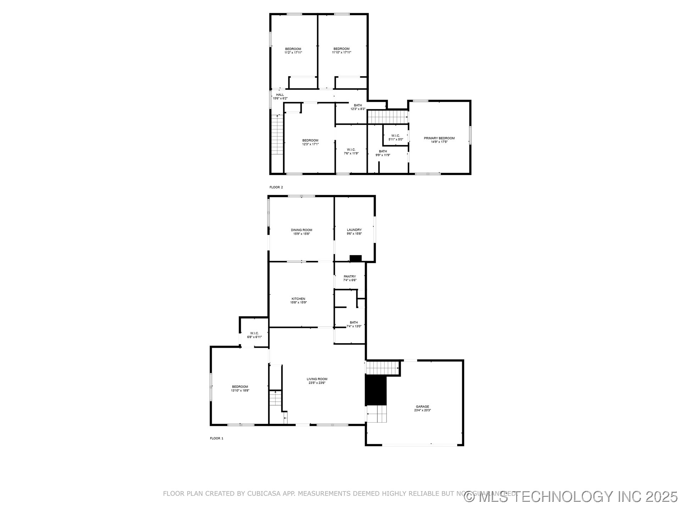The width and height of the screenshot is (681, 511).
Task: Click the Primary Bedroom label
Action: [x=439, y=138]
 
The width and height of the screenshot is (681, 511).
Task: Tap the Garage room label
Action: [x=422, y=407]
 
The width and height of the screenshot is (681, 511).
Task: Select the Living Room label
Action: [x=317, y=379]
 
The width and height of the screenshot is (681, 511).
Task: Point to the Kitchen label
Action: [x=298, y=299]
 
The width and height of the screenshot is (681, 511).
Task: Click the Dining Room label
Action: [x=301, y=230]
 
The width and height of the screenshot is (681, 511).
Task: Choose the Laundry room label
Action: [x=354, y=230]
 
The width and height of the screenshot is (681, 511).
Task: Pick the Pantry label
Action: [x=350, y=276]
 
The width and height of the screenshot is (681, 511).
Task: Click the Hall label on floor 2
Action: [x=280, y=95]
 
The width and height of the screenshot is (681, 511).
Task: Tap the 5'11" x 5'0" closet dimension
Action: [x=395, y=139]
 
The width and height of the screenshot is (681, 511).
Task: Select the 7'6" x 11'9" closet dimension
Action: [x=351, y=154]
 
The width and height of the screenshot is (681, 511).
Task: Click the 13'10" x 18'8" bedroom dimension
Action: [x=240, y=390]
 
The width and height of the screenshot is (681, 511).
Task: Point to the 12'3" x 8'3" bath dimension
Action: [x=358, y=109]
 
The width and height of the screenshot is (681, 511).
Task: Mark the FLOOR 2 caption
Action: [x=276, y=187]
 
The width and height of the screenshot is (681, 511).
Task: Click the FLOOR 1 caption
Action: [x=217, y=438]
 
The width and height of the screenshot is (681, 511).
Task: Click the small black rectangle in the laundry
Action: [x=355, y=258]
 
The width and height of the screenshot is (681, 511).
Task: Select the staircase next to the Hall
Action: [x=277, y=135]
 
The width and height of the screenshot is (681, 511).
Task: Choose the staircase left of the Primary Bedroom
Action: [x=387, y=117]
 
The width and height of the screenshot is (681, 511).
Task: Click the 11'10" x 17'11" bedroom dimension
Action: [x=342, y=53]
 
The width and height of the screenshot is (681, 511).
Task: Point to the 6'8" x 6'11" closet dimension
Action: [x=254, y=337]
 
